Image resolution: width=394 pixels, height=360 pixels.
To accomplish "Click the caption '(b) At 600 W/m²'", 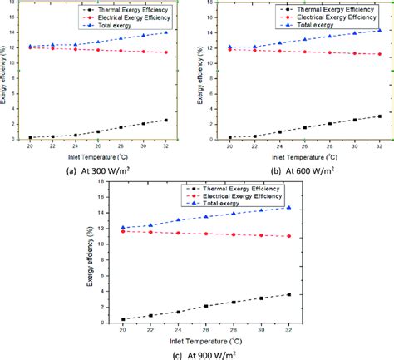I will pyautogui.click(x=303, y=169).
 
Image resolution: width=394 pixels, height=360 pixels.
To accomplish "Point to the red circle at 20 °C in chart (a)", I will pyautogui.click(x=30, y=47).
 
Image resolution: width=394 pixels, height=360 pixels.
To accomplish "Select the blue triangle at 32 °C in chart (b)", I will pyautogui.click(x=379, y=30).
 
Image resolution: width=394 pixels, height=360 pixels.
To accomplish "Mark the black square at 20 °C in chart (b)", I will pyautogui.click(x=229, y=137).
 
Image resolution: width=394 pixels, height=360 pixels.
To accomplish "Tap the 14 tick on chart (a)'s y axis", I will pyautogui.click(x=19, y=32).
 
